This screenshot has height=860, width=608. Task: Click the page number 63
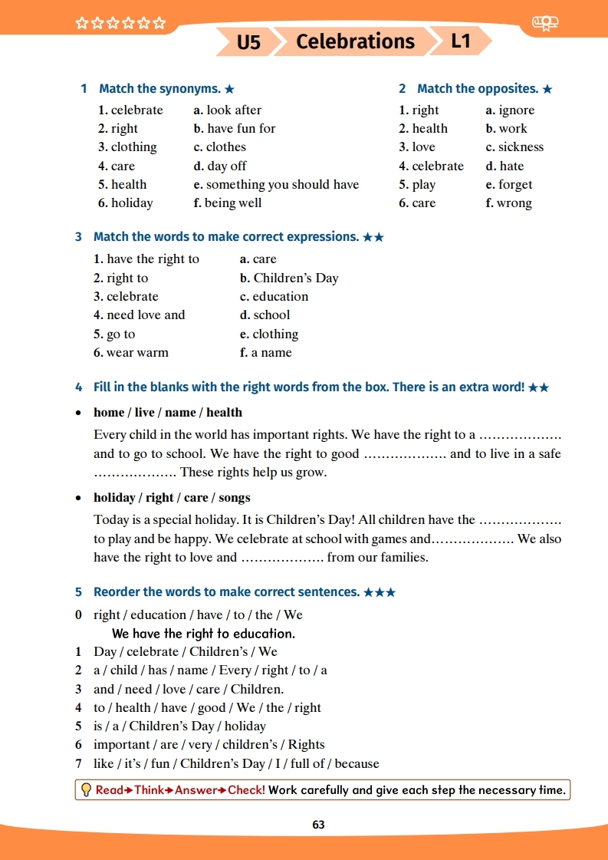coord(318,825)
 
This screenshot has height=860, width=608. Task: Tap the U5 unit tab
coord(248,42)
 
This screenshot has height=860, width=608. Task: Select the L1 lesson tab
coord(460,41)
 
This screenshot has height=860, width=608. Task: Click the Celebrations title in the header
coord(355,41)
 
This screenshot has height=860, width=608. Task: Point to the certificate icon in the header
coord(544,25)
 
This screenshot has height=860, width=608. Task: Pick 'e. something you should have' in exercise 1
coord(276,184)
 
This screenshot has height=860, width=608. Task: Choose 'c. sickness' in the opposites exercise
coord(514,147)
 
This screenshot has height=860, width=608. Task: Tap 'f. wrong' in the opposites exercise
coord(508,203)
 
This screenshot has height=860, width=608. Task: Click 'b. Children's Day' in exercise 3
coord(289,278)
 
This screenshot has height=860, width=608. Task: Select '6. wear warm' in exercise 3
coord(131,353)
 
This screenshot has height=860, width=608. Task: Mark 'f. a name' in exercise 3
coord(265,353)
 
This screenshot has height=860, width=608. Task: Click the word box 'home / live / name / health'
coord(167,413)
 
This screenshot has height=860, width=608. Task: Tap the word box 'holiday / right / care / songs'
coord(172,498)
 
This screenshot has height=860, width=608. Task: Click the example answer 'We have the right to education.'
coord(203,634)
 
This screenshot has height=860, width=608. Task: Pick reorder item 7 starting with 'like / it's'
coord(236,763)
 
